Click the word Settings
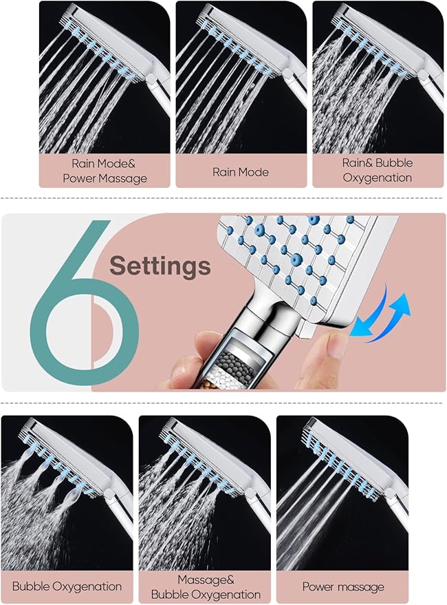(x=160, y=265)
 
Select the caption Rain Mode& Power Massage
(x=105, y=171)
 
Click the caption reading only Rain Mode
(x=240, y=171)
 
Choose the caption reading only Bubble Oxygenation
(x=67, y=586)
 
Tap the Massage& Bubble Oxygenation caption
(x=205, y=587)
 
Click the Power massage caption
(x=343, y=587)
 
